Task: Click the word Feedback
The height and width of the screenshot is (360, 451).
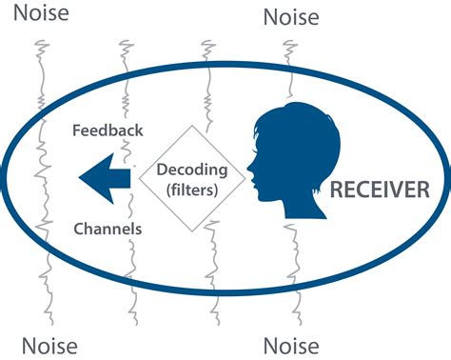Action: tap(108, 130)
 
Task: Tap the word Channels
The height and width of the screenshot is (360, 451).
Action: tap(108, 229)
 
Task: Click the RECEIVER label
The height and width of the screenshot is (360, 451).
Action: tap(379, 189)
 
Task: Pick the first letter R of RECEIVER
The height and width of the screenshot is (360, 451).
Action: tap(335, 189)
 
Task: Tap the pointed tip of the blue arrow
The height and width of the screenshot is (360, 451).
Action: tap(79, 179)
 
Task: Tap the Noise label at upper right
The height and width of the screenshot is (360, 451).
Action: tap(290, 16)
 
